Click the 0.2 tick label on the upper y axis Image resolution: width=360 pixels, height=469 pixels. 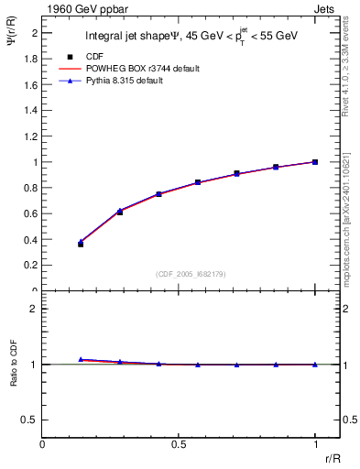30,266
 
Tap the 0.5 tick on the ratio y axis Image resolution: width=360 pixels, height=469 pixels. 30,420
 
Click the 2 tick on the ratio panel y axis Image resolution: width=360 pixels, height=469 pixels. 34,309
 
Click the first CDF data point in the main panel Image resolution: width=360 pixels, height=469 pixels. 81,244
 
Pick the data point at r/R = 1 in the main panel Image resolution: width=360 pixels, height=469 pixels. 315,162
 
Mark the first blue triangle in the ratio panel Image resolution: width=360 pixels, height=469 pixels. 81,359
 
